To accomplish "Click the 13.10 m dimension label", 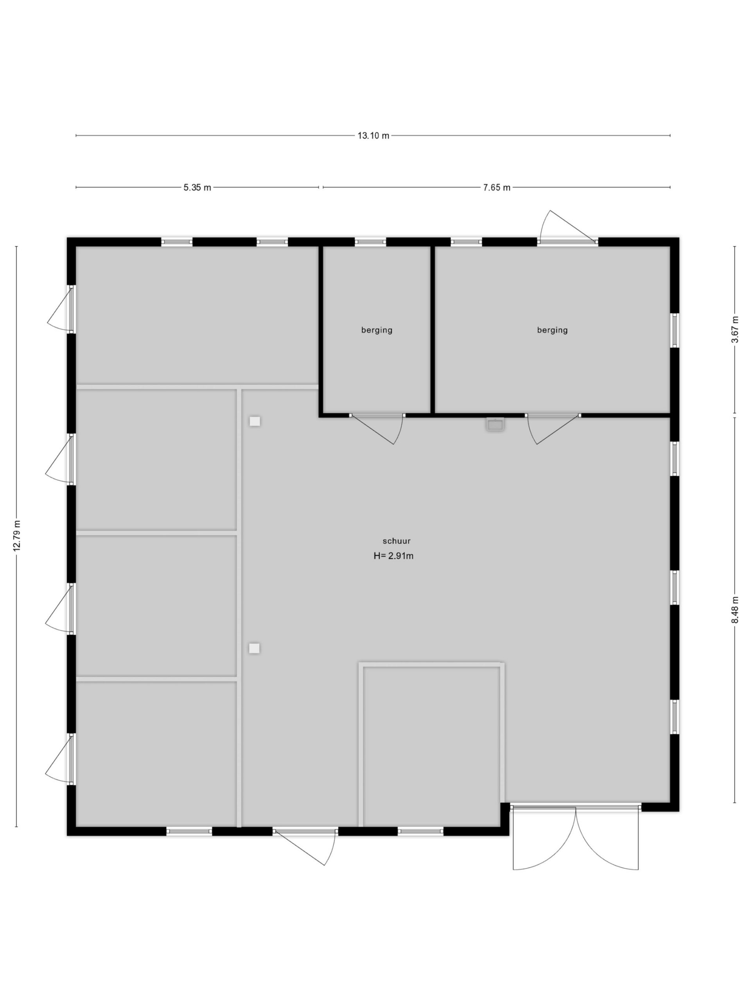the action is [x=373, y=135].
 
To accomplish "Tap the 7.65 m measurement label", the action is [x=497, y=187].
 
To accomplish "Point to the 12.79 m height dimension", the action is [x=17, y=536].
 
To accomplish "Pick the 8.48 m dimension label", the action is [x=735, y=610].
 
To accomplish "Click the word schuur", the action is [x=397, y=541].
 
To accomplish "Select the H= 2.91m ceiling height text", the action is [x=393, y=556].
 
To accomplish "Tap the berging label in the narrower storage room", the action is [x=377, y=330].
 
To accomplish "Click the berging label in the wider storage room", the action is [x=552, y=330].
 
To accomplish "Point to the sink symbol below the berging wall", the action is [x=495, y=424].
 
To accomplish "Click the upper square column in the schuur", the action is [x=255, y=421].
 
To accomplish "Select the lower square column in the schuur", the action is [x=254, y=648].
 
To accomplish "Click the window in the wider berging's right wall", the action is [x=674, y=330].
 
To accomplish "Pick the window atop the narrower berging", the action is [x=370, y=242].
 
